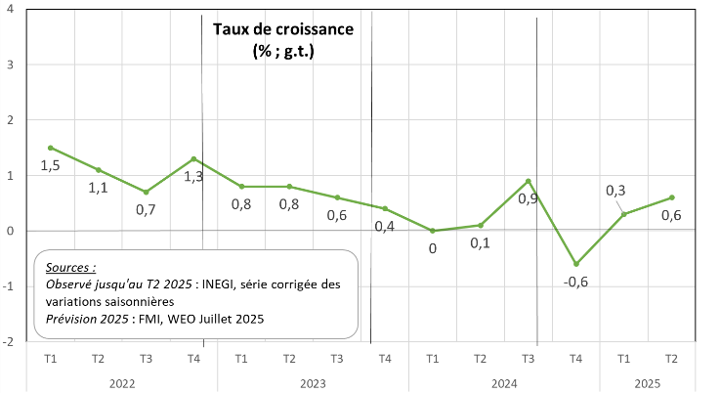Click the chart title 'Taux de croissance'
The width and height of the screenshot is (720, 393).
283,28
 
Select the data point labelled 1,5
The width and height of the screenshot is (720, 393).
51,148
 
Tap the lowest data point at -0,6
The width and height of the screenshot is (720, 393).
576,264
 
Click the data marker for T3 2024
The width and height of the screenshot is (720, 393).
529,181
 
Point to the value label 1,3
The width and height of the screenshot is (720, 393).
194,177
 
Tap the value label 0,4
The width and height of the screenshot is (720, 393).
386,227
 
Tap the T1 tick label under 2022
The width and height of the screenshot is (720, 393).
51,359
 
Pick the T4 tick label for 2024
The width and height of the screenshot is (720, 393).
576,359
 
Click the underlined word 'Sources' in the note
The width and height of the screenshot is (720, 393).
70,266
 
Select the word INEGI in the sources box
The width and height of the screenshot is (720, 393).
221,284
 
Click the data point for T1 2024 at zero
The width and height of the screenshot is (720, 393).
433,231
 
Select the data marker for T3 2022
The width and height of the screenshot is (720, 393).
146,192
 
